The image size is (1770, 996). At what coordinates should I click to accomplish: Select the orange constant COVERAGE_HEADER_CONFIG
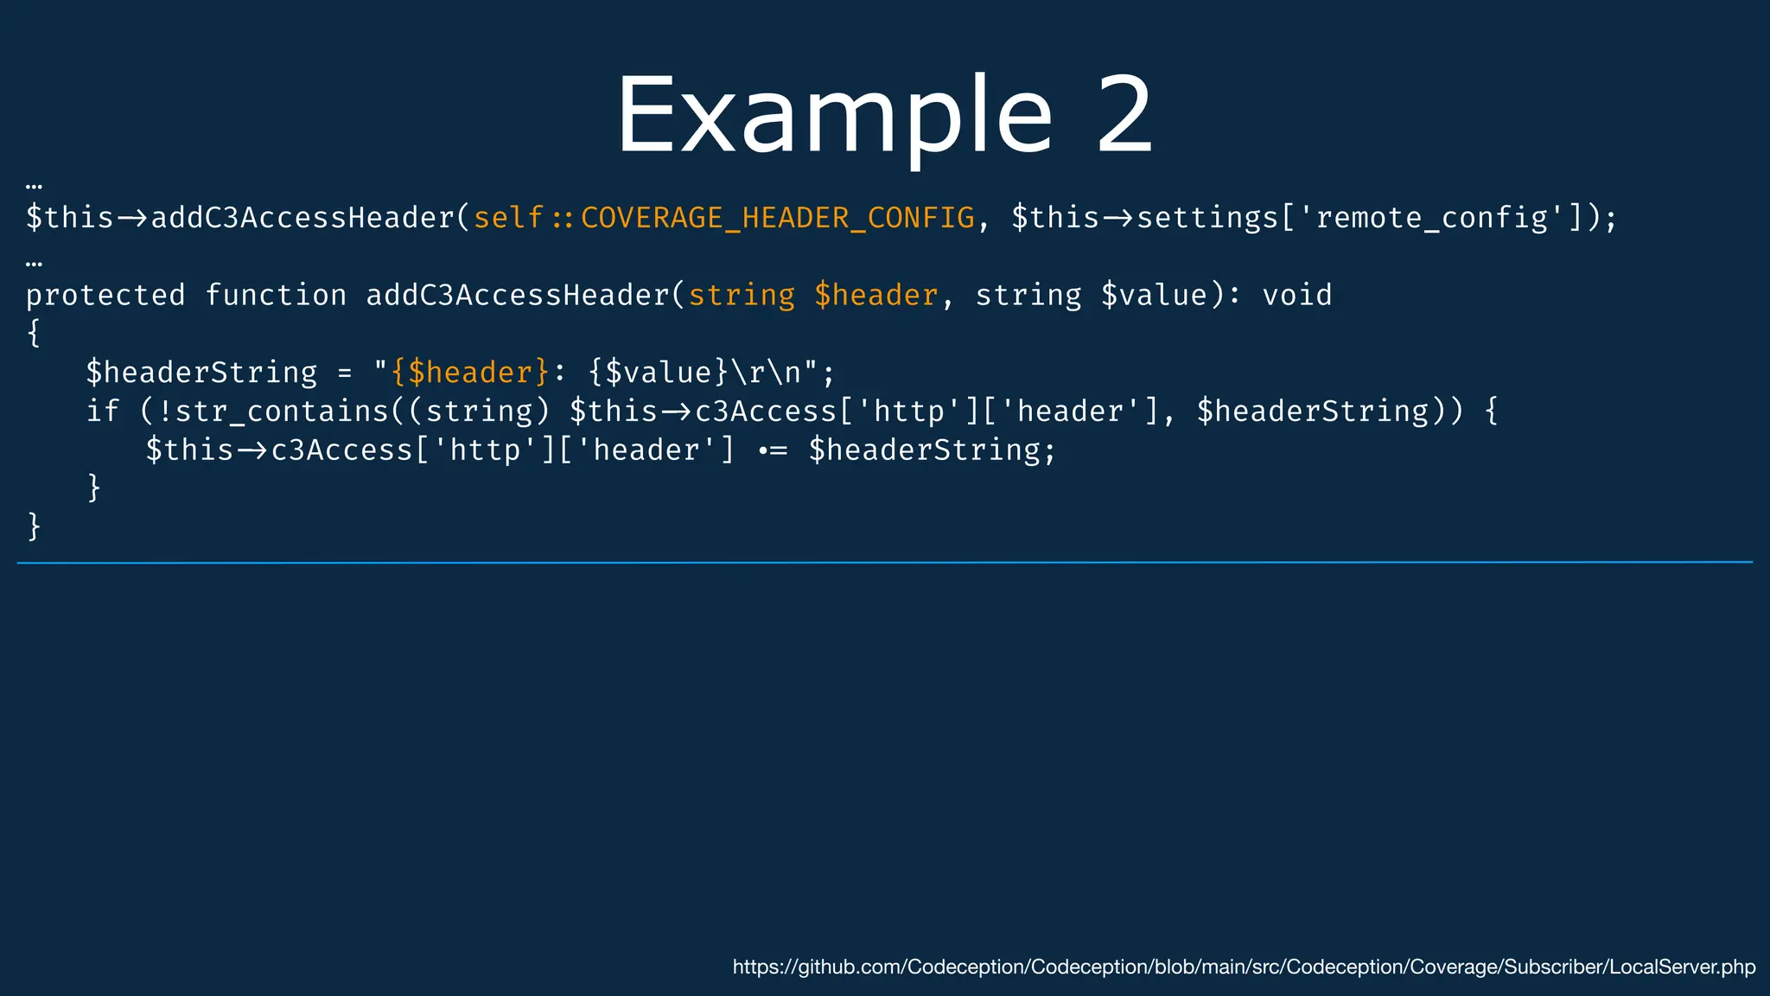(x=777, y=218)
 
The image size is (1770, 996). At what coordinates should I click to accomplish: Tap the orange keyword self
(x=508, y=218)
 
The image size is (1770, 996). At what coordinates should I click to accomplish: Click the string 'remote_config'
(x=1431, y=218)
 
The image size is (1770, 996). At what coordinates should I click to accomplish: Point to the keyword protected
(x=105, y=296)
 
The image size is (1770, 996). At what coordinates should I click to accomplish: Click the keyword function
(x=276, y=296)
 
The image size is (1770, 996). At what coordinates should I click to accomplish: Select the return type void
(x=1296, y=296)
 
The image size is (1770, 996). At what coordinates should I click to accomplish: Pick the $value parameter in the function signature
(x=1154, y=296)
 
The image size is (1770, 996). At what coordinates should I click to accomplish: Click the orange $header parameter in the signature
(x=875, y=296)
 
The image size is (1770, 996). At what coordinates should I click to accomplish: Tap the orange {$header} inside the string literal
(x=470, y=373)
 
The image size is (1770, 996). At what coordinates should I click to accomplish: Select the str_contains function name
(x=283, y=412)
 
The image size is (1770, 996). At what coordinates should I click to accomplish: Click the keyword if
(x=103, y=412)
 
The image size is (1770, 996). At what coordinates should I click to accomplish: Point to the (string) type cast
(x=480, y=412)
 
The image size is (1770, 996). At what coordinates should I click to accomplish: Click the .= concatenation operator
(x=773, y=450)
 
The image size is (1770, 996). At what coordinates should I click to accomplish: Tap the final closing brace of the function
(x=35, y=526)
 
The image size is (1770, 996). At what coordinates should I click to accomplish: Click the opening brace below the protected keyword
(x=35, y=334)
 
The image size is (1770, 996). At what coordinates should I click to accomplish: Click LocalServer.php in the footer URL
(x=1682, y=967)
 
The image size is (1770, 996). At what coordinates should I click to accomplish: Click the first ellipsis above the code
(x=35, y=185)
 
